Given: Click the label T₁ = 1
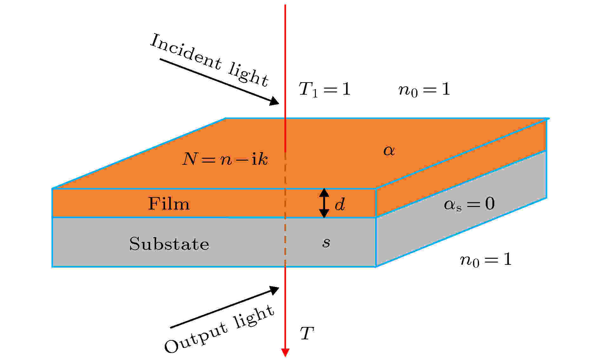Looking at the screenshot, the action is [x=324, y=89].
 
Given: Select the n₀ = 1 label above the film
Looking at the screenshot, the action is [x=424, y=90].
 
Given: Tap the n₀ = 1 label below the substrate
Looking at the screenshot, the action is [x=486, y=260].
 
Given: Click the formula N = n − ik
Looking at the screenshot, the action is [x=225, y=159].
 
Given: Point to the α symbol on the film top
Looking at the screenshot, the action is [x=389, y=150].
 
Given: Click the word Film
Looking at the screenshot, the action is [x=169, y=203].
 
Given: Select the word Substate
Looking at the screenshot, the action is [x=169, y=244].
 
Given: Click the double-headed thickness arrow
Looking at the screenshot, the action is [x=324, y=203].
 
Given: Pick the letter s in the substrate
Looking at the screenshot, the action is [x=326, y=243].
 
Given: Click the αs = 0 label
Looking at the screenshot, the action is [x=469, y=204].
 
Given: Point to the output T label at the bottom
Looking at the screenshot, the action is [x=307, y=333].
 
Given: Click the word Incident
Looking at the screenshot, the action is [x=185, y=52].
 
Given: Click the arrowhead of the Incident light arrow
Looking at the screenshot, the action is [x=275, y=101].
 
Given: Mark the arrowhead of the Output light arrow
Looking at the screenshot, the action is [x=275, y=290].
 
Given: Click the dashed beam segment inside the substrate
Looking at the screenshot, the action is [x=285, y=242].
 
